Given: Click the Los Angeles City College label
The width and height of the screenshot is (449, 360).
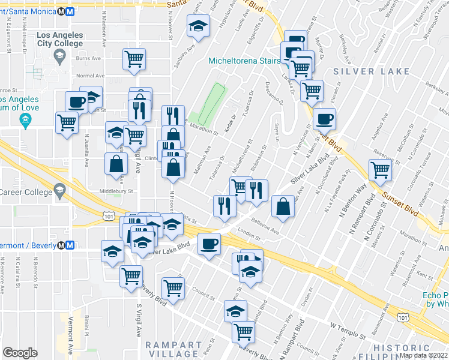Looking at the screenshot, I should [59, 39].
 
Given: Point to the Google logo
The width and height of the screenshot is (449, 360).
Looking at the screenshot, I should [20, 353].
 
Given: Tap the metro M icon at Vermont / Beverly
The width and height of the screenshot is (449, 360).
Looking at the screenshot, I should [70, 245].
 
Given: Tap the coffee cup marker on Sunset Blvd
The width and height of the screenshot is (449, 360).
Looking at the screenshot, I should [324, 119].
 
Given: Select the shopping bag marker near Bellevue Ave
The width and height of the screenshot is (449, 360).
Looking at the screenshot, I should [283, 206].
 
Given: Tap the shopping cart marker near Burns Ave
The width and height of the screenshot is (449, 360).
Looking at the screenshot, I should [134, 59].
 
